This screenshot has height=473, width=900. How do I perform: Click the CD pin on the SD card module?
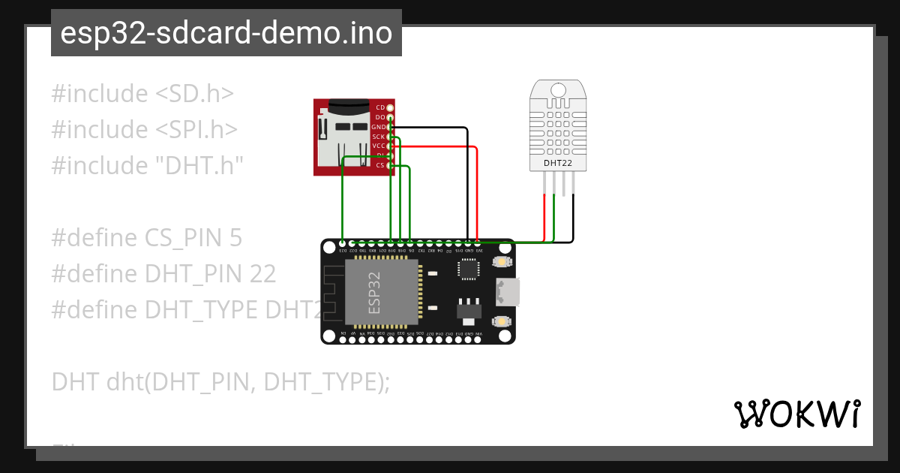[390, 108]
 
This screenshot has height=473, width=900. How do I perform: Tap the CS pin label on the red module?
[379, 164]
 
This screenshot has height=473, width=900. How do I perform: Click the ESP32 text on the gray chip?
[374, 292]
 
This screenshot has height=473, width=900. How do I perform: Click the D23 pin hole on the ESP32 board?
[343, 243]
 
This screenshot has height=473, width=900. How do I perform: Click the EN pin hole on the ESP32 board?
[343, 339]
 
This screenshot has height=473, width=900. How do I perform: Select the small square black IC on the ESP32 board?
[469, 269]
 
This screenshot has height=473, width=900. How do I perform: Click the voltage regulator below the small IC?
[468, 309]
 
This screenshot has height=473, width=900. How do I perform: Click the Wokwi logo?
[796, 414]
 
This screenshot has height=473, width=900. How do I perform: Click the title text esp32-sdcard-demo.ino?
[226, 34]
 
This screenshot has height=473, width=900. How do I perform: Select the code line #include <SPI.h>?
[145, 130]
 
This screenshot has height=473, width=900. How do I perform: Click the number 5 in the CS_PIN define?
[235, 238]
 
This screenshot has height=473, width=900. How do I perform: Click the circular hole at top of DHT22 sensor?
[557, 89]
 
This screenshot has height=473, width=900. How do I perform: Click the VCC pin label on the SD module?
[379, 146]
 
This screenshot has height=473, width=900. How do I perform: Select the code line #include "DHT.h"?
[148, 166]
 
